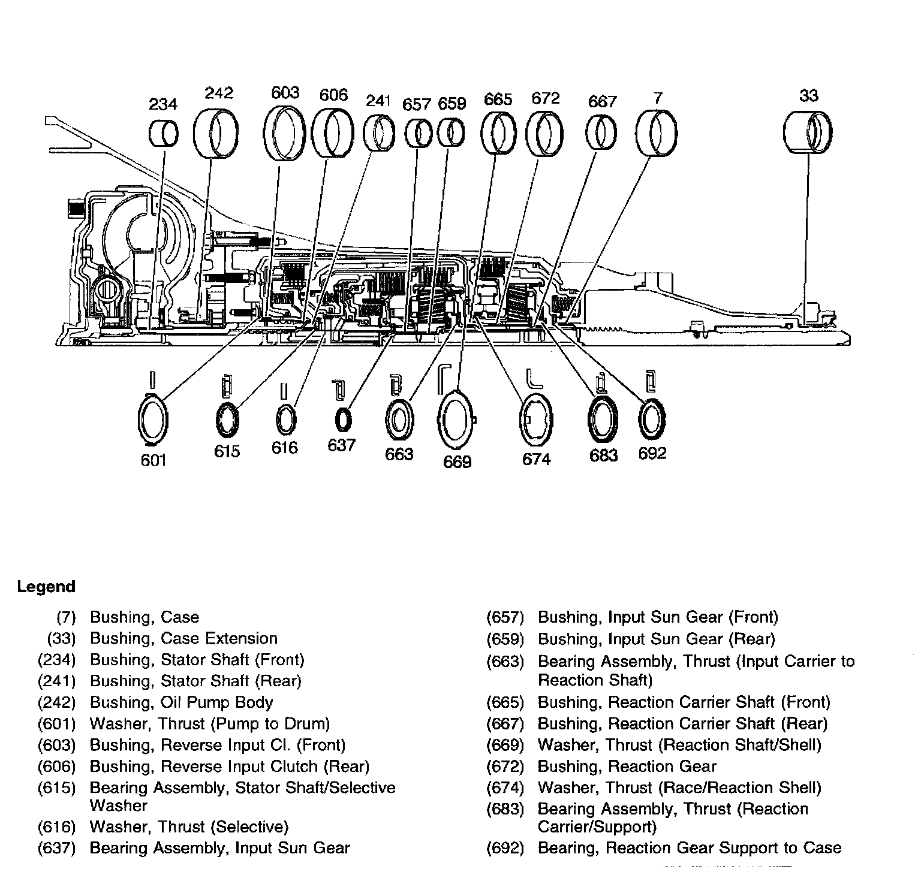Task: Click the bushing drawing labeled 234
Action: pyautogui.click(x=163, y=133)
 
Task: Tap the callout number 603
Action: pyautogui.click(x=285, y=92)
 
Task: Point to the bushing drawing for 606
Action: pyautogui.click(x=334, y=134)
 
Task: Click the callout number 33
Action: pyautogui.click(x=808, y=95)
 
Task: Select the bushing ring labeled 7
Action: pyautogui.click(x=657, y=133)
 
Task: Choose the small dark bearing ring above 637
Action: pyautogui.click(x=342, y=420)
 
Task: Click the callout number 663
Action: pyautogui.click(x=399, y=454)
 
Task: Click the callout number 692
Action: pyautogui.click(x=652, y=453)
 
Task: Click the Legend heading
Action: pyautogui.click(x=46, y=587)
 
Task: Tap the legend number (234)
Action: pyautogui.click(x=56, y=660)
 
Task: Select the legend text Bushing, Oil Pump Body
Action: pyautogui.click(x=182, y=702)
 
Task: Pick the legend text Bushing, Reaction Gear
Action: pyautogui.click(x=627, y=767)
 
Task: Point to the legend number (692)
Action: pyautogui.click(x=505, y=848)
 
